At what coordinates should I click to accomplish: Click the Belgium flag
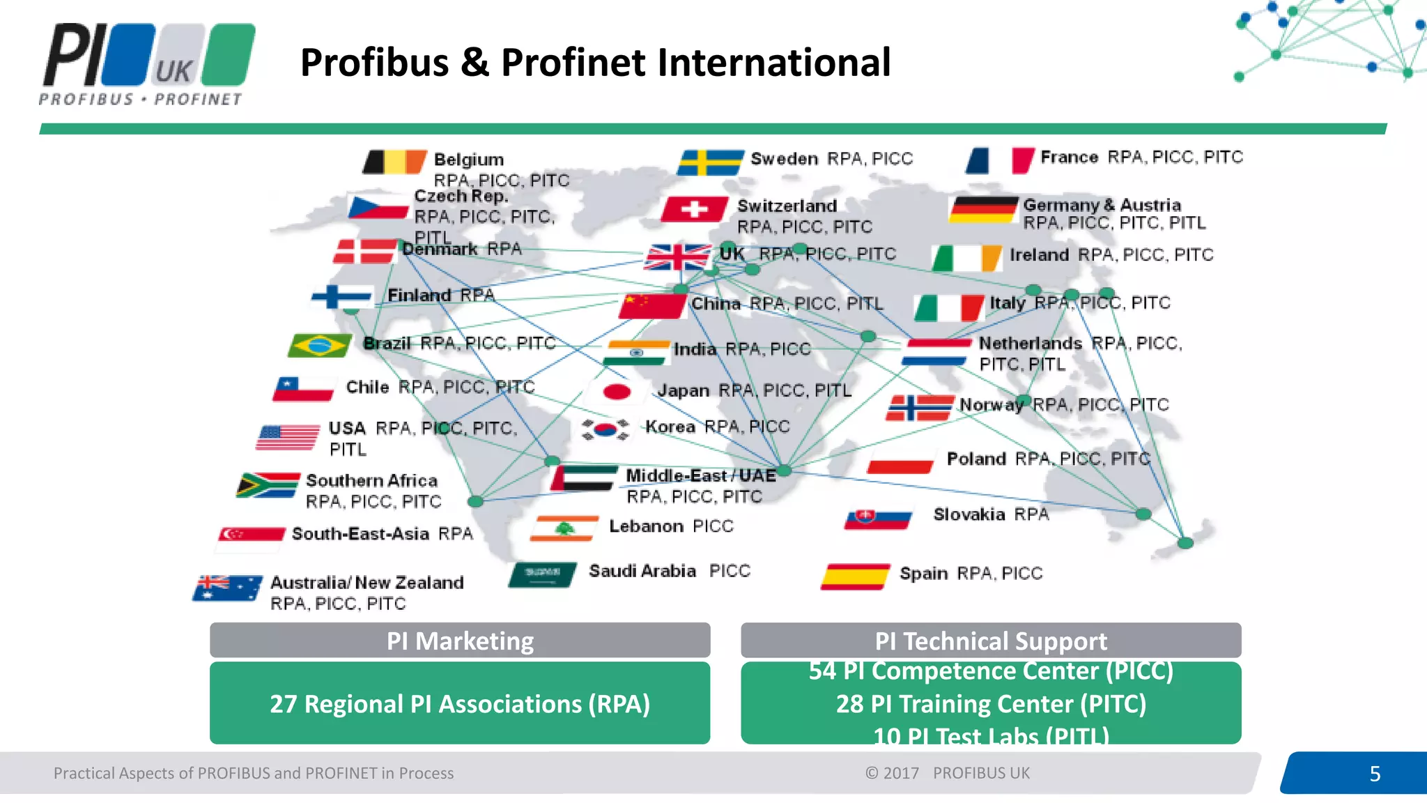coord(394,162)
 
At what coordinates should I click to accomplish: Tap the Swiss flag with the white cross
coord(694,208)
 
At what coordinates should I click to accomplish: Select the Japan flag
coord(616,392)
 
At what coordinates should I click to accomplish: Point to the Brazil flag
coord(320,345)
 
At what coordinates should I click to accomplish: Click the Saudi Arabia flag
coord(543,574)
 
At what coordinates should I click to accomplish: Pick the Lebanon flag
coord(564,528)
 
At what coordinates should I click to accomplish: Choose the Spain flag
coord(855,576)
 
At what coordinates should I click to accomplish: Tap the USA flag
coord(288,437)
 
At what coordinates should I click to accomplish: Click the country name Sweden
coord(784,159)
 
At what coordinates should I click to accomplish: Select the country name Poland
coord(976,459)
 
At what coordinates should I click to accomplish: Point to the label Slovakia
coord(969,514)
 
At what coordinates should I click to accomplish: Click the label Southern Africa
coord(371,480)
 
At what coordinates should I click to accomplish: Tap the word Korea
coord(670,427)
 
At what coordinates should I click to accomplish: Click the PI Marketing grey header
coord(460,641)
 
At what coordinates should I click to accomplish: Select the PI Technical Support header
coord(990,641)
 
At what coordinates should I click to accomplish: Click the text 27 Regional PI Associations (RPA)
coord(460,704)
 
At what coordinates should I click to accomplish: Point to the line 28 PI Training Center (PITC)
coord(991,704)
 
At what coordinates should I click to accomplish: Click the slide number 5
coord(1374,774)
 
